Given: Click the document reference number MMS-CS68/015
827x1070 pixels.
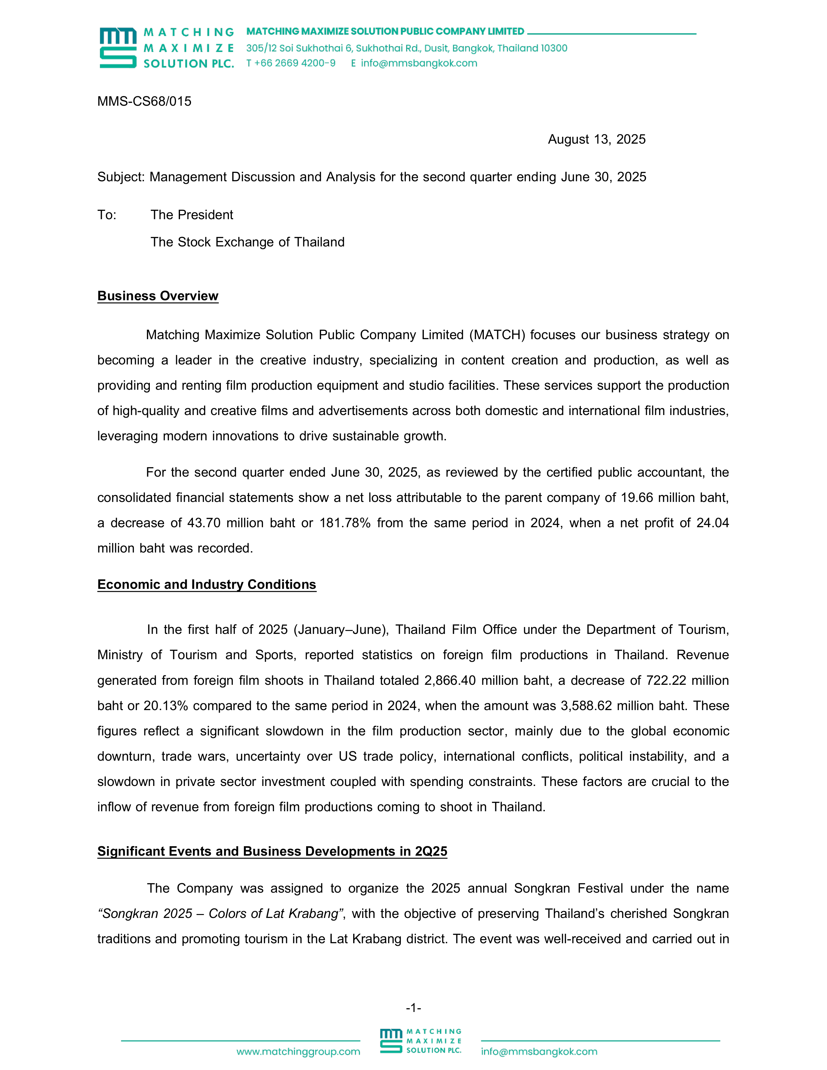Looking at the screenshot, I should pos(144,101).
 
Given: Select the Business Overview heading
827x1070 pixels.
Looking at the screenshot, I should pos(158,296).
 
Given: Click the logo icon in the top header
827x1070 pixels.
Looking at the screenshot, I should pos(118,48).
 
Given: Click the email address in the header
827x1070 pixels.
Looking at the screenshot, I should pos(419,63).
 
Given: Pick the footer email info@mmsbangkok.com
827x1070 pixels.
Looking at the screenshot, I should pos(539,1052).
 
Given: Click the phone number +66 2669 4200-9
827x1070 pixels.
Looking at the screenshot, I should pos(294,63).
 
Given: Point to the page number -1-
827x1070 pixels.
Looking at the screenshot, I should pos(414,1008).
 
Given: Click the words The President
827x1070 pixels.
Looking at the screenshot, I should pos(192,215).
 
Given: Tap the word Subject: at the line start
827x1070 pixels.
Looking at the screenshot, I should pos(121,177).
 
